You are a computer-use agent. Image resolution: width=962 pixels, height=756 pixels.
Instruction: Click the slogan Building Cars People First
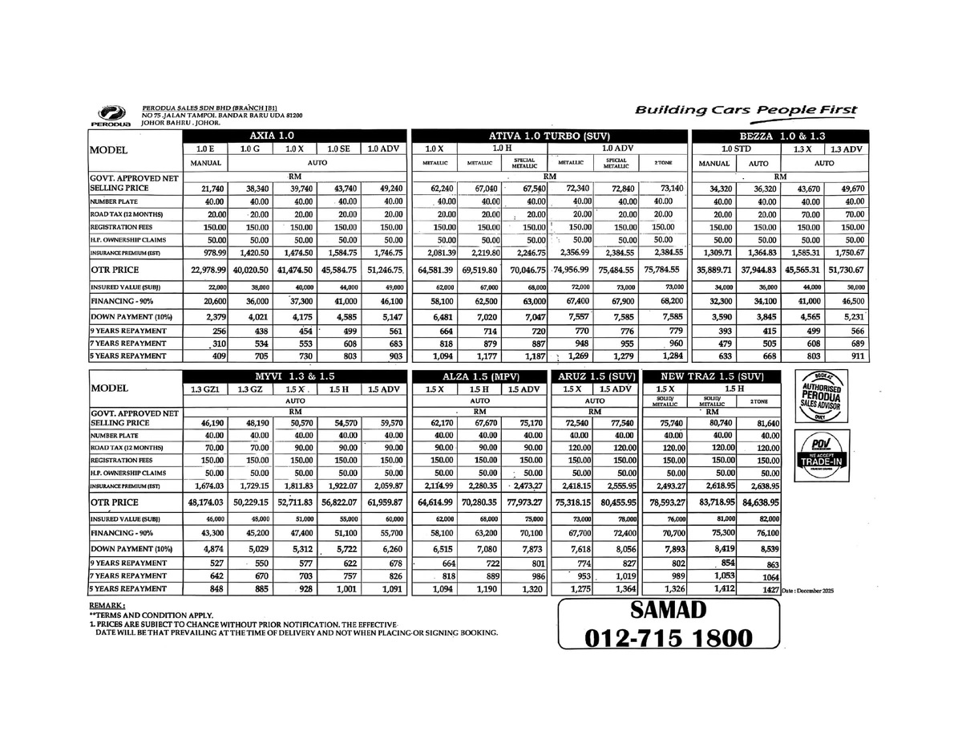(746, 111)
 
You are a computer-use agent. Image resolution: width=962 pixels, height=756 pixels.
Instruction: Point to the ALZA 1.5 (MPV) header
(478, 376)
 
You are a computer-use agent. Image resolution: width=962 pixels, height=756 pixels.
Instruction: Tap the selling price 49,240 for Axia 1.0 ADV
(383, 189)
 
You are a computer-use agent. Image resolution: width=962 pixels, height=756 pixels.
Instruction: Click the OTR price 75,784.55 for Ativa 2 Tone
(663, 270)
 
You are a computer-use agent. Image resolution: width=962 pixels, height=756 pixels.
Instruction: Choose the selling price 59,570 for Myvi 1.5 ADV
(383, 422)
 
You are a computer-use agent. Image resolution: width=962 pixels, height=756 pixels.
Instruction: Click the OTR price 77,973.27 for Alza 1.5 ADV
(524, 502)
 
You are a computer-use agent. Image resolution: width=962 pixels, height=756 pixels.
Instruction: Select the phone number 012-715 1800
(669, 638)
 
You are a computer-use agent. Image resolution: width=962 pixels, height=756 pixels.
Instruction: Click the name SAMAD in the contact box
(669, 610)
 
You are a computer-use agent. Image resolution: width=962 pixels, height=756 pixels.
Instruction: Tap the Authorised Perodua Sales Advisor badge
(820, 395)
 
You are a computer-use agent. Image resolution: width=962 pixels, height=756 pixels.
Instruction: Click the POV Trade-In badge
(820, 453)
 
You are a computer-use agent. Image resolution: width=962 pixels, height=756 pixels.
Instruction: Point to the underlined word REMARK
(107, 605)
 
